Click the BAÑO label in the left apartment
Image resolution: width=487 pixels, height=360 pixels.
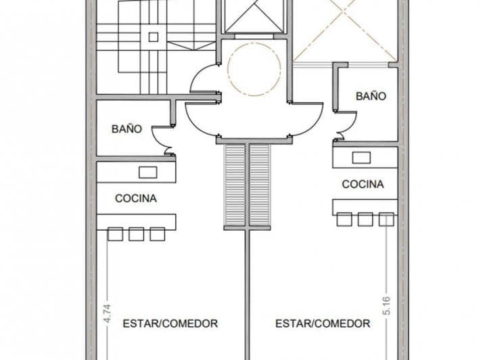click(x=126, y=129)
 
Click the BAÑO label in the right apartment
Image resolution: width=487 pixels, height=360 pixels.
click(x=371, y=96)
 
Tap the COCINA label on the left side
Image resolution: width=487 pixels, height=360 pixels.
click(x=136, y=198)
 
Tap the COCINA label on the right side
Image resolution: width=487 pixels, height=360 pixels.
click(x=363, y=183)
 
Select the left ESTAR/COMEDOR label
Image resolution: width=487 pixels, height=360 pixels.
click(x=170, y=323)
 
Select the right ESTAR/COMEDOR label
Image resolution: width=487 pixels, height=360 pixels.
click(x=323, y=323)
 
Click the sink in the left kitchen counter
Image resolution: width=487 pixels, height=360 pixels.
click(x=147, y=172)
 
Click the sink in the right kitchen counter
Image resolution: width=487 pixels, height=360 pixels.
click(x=362, y=158)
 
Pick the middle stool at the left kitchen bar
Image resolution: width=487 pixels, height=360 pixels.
click(x=136, y=234)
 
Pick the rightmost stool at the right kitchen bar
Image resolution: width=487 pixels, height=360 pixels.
click(x=386, y=219)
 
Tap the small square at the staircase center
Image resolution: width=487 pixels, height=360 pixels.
click(x=153, y=37)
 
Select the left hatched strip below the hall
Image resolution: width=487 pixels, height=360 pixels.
click(x=235, y=186)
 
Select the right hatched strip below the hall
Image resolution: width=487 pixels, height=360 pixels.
click(x=260, y=186)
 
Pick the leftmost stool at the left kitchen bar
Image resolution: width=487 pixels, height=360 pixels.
click(x=115, y=234)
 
